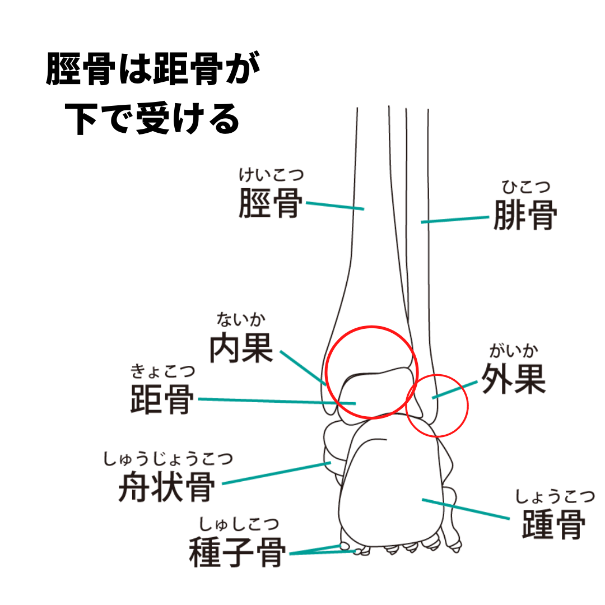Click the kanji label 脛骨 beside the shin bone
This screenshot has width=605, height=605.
(270, 203)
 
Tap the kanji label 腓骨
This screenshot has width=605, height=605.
(525, 215)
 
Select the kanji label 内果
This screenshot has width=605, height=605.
(241, 348)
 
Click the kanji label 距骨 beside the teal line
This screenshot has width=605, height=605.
(162, 399)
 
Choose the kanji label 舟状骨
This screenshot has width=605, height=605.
(166, 487)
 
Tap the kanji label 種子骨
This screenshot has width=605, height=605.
(237, 552)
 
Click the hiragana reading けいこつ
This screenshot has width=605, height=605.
(271, 175)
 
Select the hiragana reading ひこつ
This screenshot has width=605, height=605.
(525, 187)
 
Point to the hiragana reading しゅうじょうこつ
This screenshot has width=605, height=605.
(168, 459)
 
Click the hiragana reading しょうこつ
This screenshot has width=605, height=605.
(555, 496)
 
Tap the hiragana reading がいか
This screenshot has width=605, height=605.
(514, 351)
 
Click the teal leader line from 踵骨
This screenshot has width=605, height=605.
(466, 509)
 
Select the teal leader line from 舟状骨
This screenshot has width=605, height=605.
(276, 473)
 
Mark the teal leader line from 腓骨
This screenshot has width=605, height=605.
(455, 220)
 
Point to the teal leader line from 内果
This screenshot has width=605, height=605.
(303, 367)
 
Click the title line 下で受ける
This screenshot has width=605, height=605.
(152, 119)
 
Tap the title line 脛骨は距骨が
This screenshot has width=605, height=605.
(153, 68)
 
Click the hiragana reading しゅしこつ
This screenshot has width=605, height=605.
(239, 524)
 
